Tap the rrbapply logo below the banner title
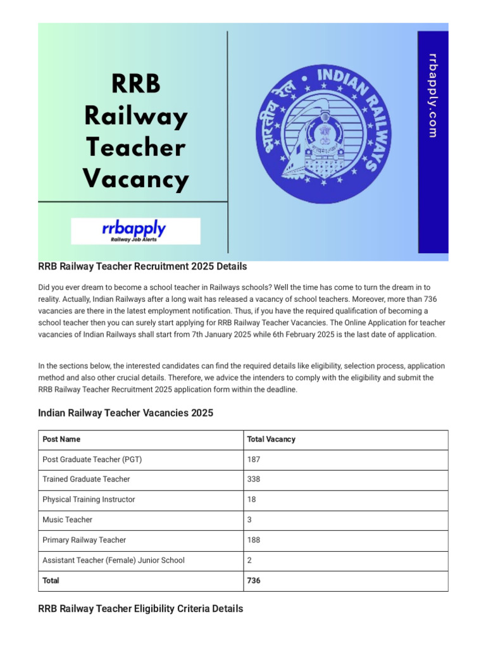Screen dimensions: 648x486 (x=135, y=231)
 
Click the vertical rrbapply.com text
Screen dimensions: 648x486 (x=433, y=95)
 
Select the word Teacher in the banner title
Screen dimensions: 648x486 (x=135, y=147)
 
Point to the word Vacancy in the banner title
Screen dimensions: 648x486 (x=135, y=179)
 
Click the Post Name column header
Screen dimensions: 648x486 (x=61, y=439)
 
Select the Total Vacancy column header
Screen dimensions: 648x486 (x=271, y=439)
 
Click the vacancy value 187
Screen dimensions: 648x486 (x=254, y=459)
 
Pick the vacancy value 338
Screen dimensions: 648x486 (x=254, y=480)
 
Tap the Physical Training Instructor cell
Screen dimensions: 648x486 (x=89, y=500)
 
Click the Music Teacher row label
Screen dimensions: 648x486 (x=67, y=520)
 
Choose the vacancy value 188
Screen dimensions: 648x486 (x=254, y=540)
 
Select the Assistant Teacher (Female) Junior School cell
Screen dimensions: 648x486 (x=113, y=561)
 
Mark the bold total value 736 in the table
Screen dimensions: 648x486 (x=254, y=581)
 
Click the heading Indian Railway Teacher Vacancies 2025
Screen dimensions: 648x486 (x=126, y=413)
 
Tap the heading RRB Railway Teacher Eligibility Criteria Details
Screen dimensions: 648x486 (x=140, y=609)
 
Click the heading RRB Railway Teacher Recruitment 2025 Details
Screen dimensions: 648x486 (x=142, y=266)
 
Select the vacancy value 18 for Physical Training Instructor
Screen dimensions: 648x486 (x=252, y=500)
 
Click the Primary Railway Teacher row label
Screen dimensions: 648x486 (x=84, y=540)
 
